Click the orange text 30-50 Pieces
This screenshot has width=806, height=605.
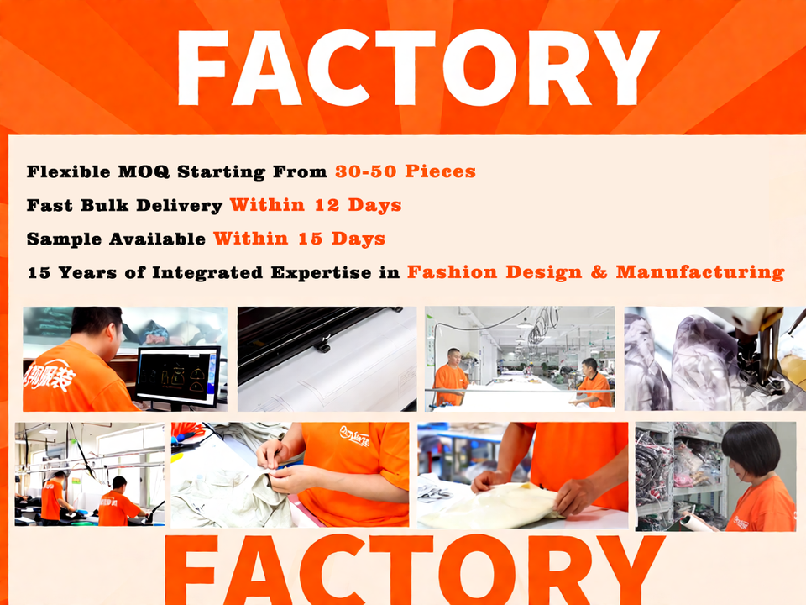(x=406, y=171)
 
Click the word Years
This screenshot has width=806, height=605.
(x=86, y=272)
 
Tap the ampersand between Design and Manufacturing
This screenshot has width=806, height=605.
(x=601, y=272)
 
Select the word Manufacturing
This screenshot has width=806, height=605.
(x=700, y=272)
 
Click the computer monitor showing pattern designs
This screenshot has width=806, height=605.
(x=177, y=375)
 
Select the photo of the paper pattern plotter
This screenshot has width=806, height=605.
(x=327, y=358)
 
